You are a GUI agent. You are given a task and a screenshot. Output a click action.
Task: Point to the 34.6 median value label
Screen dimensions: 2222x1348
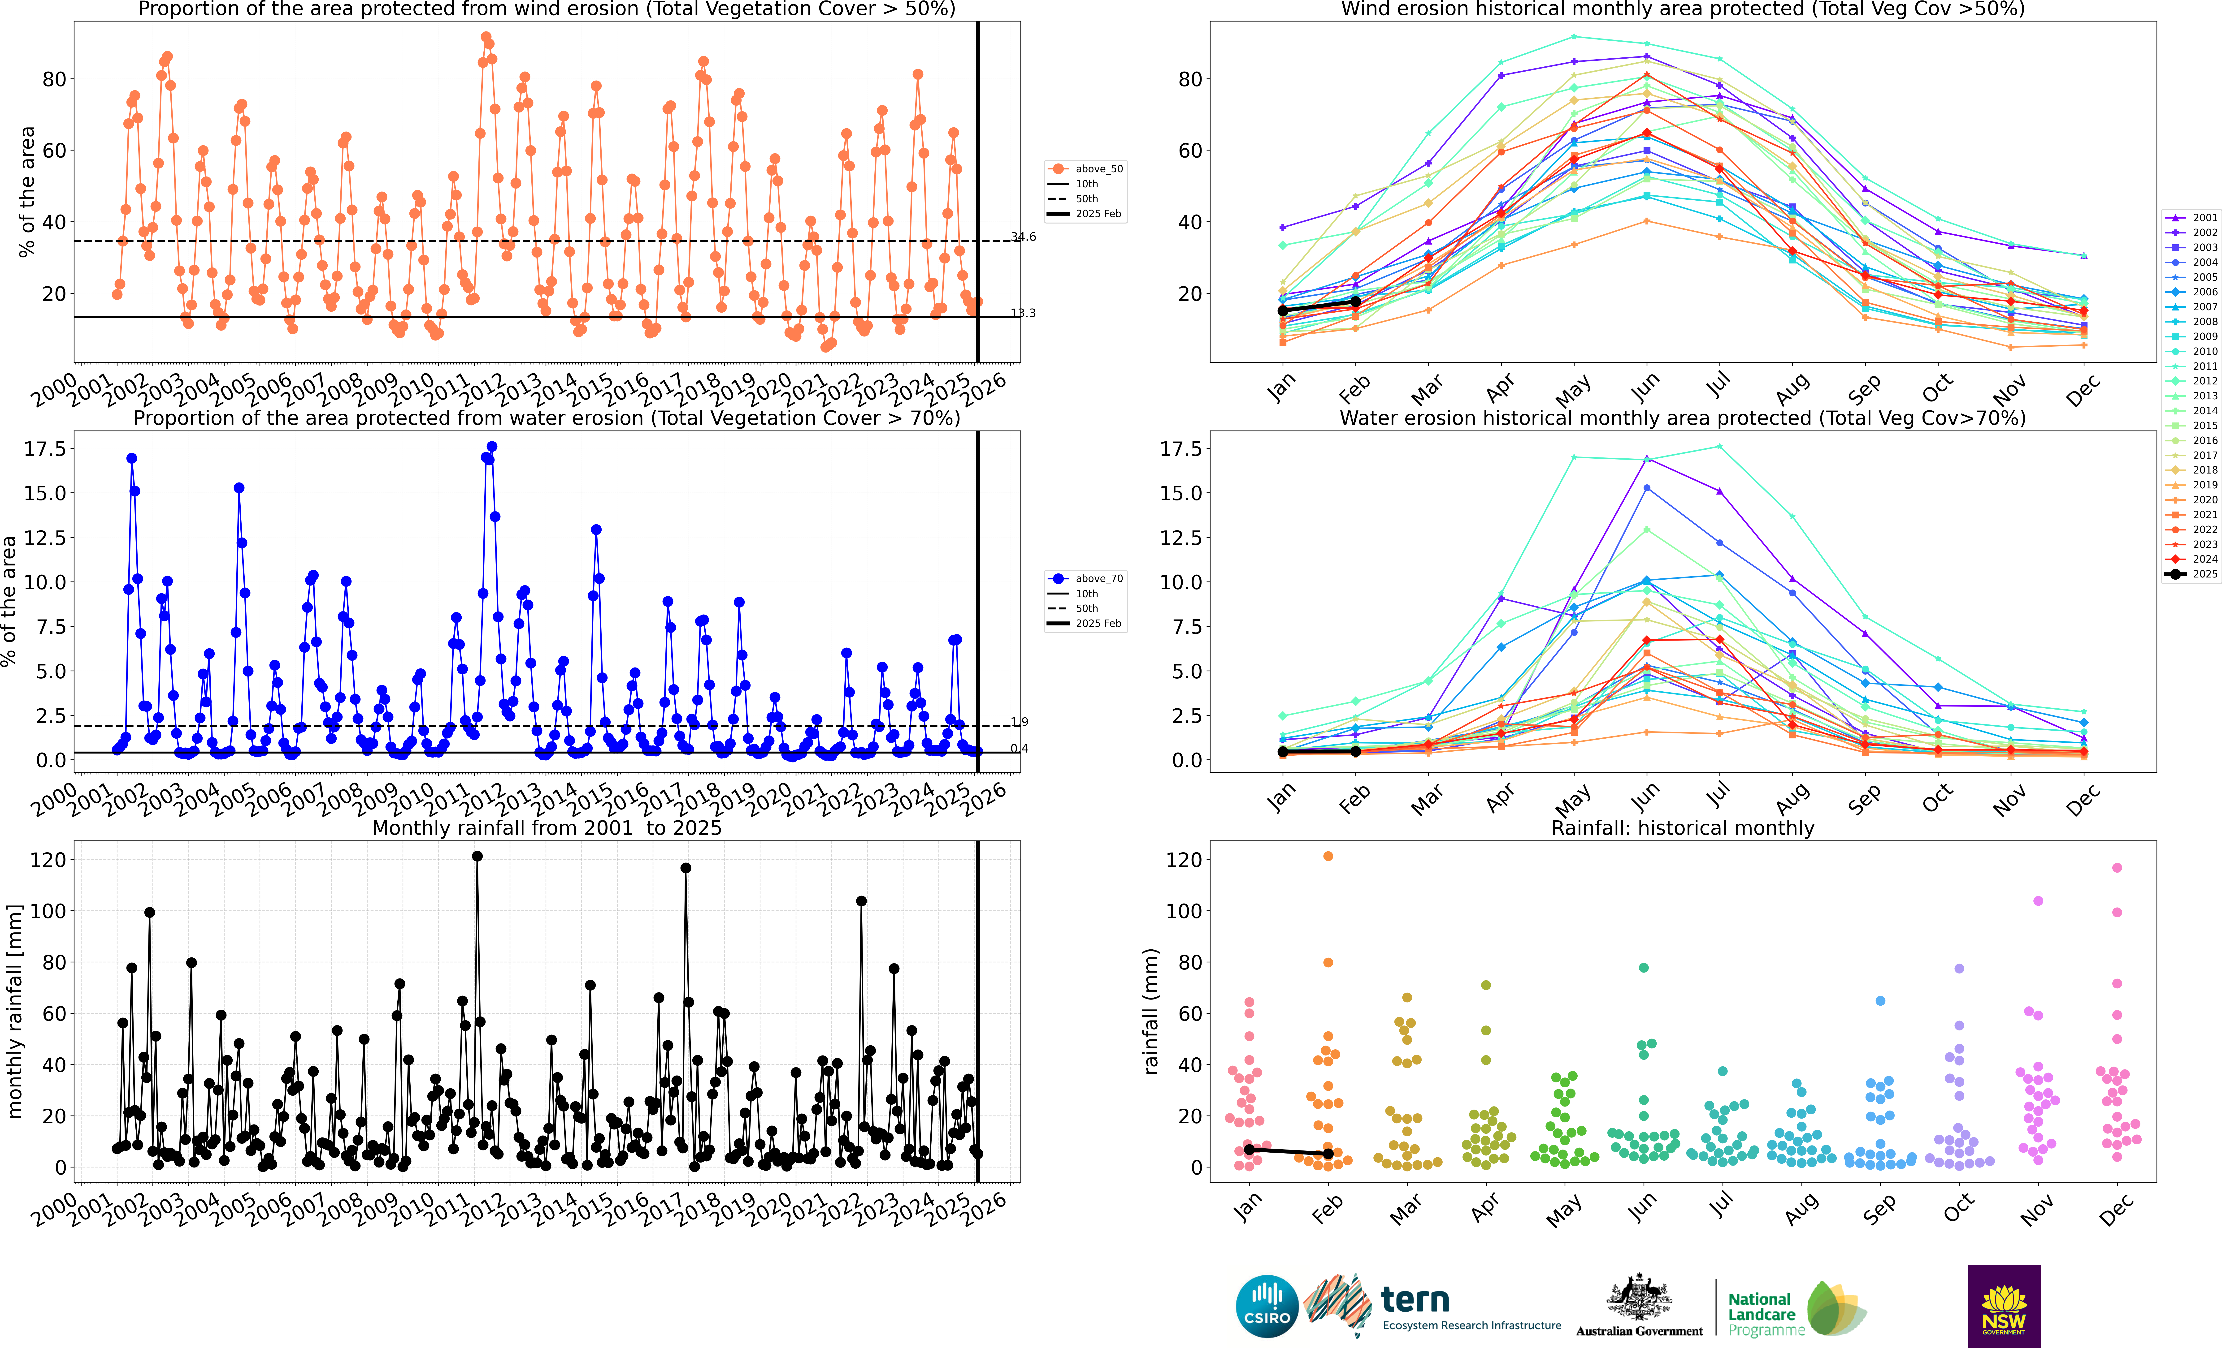(x=1024, y=237)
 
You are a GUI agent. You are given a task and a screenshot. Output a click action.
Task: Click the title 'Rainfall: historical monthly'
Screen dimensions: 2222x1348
(x=1683, y=828)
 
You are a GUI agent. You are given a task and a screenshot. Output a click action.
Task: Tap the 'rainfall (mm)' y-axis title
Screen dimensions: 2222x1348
(x=1151, y=1012)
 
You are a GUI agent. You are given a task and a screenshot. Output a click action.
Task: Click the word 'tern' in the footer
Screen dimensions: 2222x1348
(x=1415, y=1299)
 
